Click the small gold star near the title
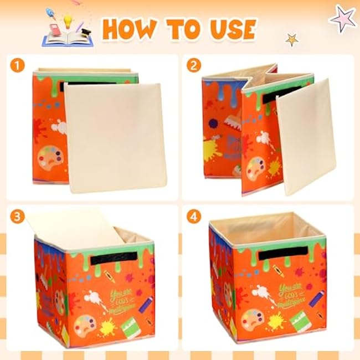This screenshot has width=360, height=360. click(291, 40)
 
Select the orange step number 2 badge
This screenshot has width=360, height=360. click(193, 66)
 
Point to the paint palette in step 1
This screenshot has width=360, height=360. click(48, 160)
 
